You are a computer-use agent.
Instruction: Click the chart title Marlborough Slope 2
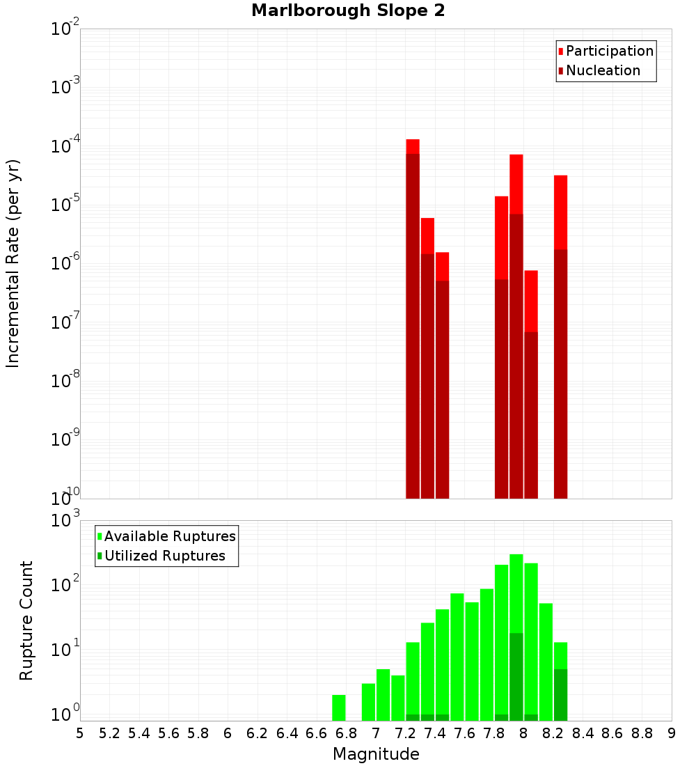pos(348,11)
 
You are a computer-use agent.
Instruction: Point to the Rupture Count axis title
pos(26,620)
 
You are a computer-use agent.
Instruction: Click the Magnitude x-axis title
pos(376,754)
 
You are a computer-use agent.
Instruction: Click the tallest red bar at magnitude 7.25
pos(413,146)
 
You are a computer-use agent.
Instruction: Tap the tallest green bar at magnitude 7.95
pos(516,592)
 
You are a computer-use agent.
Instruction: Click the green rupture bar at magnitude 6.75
pos(339,708)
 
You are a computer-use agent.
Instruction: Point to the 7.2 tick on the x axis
pos(405,733)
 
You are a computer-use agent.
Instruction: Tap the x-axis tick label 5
pos(80,733)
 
